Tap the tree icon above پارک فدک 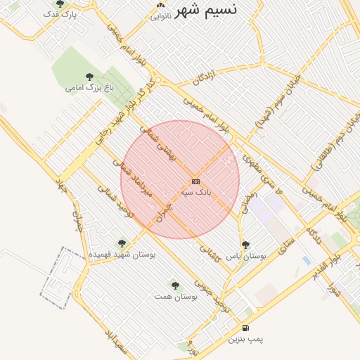coord(59,4)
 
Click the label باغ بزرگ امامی coord(89,88)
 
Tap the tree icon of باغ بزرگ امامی coord(89,77)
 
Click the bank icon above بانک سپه coord(195,181)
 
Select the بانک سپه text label coord(195,191)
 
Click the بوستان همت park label coord(176,296)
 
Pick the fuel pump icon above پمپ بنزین coord(245,328)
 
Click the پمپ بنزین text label coord(245,339)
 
